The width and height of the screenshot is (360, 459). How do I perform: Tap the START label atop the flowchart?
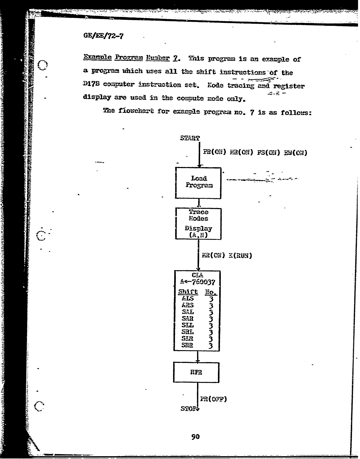point(190,138)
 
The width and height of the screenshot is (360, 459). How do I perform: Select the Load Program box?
point(198,183)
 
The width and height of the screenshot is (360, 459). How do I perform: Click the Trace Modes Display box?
point(198,224)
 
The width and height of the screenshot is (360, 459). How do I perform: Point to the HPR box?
point(196,372)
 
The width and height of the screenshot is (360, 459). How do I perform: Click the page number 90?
point(195,436)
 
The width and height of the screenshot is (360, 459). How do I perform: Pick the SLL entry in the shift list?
point(188,325)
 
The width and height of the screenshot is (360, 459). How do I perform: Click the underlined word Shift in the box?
point(188,292)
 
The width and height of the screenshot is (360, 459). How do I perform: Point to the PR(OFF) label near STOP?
point(213,399)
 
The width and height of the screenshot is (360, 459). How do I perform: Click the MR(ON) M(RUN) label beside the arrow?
point(227,255)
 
